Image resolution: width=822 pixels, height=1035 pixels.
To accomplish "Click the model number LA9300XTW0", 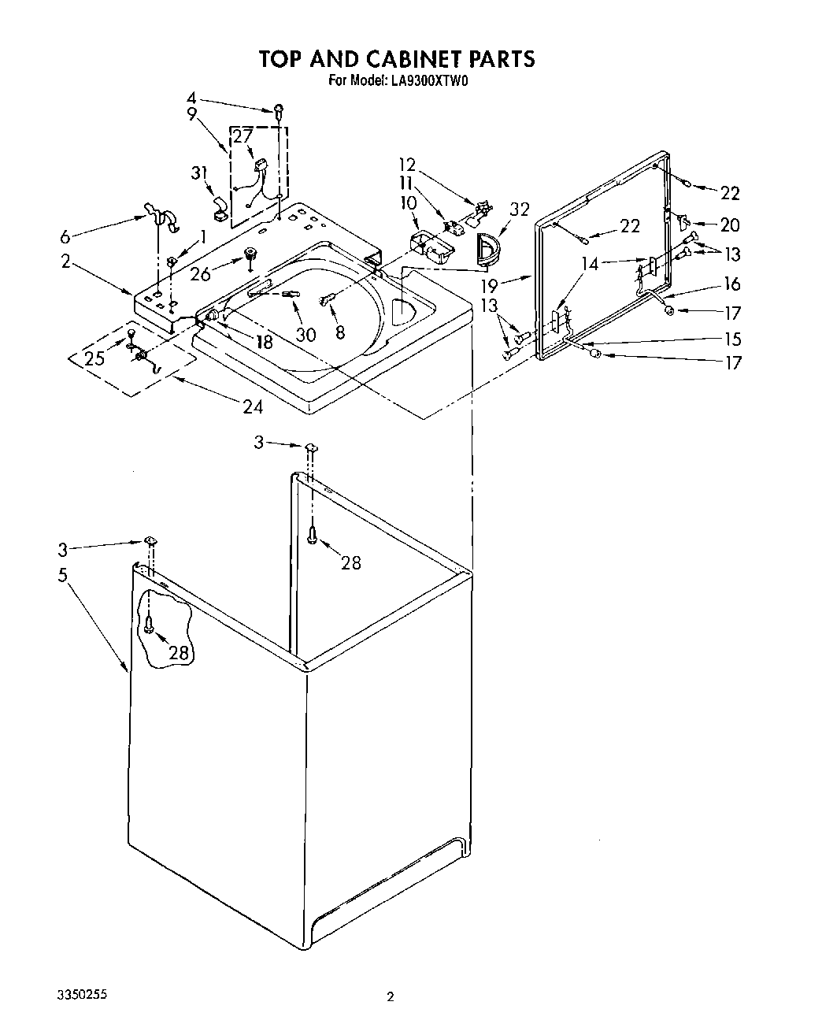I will click(x=427, y=80).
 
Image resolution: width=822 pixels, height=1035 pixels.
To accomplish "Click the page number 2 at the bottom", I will click(x=390, y=997).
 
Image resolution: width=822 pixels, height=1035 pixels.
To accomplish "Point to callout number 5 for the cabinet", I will click(x=63, y=575).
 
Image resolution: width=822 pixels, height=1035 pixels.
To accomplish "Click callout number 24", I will click(x=252, y=407).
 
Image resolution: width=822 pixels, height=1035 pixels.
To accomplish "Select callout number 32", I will click(x=519, y=210).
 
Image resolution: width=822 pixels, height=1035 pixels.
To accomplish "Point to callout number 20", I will click(x=730, y=225).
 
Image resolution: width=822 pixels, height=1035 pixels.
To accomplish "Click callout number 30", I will click(x=305, y=335).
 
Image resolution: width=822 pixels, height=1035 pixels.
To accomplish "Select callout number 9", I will click(x=191, y=113).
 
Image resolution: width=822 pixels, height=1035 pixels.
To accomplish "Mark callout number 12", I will click(x=406, y=165).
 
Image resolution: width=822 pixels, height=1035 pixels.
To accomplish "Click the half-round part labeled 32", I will click(x=488, y=250).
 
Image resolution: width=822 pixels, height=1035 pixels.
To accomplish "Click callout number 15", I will click(x=733, y=339).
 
